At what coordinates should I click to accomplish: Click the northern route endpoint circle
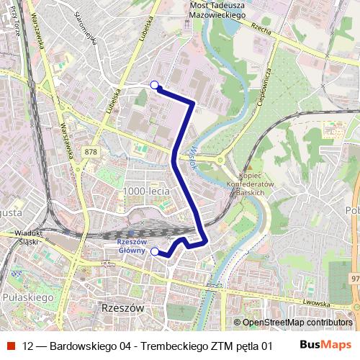(154, 85)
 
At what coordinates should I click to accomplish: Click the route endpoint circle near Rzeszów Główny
(154, 251)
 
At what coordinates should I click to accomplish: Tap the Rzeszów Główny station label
(131, 246)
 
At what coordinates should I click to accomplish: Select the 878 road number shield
(90, 151)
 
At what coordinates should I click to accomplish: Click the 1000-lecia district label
(146, 191)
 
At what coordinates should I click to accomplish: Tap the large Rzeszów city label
(120, 307)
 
